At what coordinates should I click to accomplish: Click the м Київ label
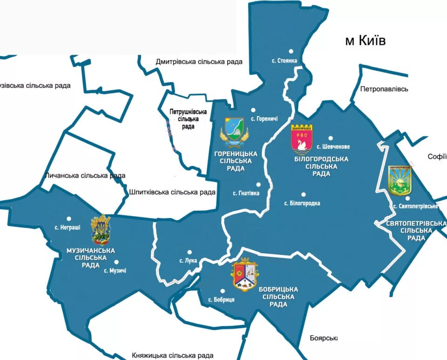point(365,41)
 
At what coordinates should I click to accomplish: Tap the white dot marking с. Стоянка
point(291,51)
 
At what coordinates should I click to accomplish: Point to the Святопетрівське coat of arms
point(400,181)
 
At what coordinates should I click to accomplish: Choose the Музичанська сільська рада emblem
point(100,230)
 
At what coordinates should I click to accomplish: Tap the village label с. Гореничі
point(264,119)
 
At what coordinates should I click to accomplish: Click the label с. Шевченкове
point(333,147)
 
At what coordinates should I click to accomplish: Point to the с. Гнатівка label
point(246,193)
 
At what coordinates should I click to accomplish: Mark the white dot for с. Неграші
point(69,218)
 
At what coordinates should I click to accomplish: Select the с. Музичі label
point(115,270)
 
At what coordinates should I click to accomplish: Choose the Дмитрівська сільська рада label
point(199,62)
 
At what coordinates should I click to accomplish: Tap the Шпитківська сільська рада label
point(172,192)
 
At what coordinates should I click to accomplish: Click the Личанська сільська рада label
point(85,176)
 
